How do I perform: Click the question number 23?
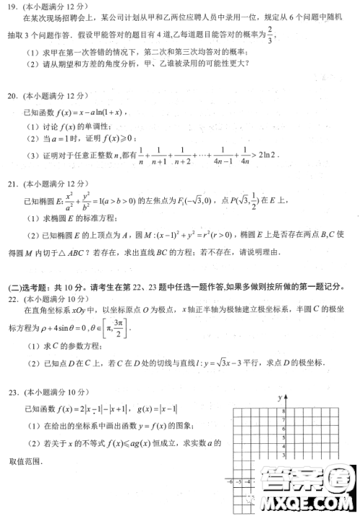pos(12,391)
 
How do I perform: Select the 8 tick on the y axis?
pos(284,411)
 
